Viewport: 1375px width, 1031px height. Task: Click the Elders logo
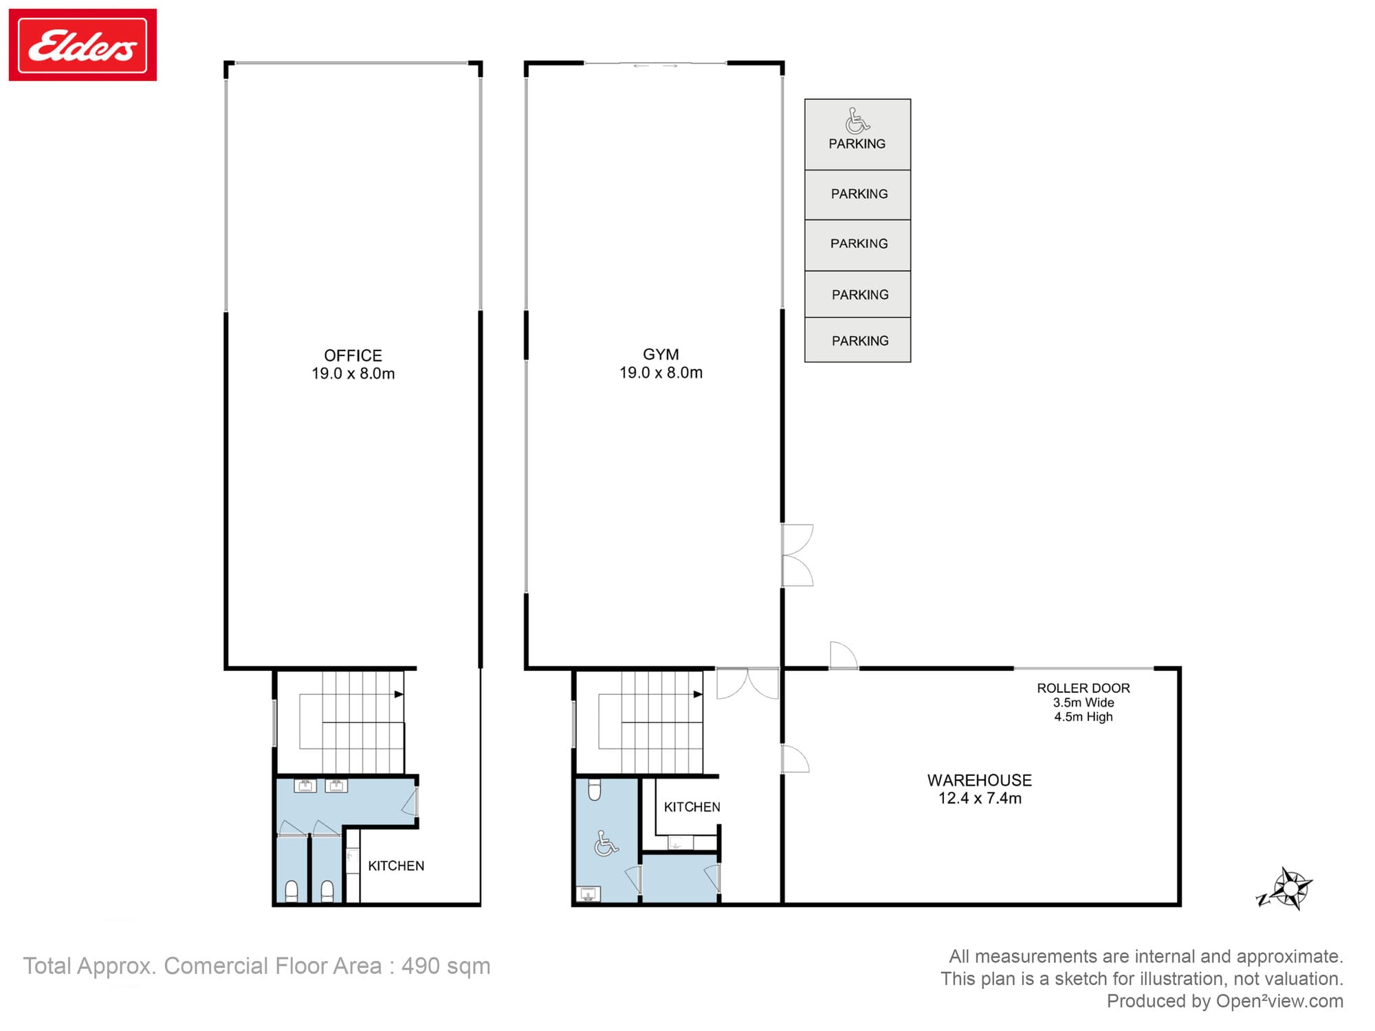(x=82, y=45)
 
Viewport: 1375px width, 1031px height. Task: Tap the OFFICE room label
(x=353, y=356)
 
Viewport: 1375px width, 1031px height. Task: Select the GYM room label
(x=661, y=355)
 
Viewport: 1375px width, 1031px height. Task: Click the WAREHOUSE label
(x=979, y=780)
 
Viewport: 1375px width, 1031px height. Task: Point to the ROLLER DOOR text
(x=1083, y=688)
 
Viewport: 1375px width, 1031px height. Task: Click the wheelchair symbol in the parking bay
(x=857, y=121)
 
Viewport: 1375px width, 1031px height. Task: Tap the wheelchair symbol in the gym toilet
(x=606, y=843)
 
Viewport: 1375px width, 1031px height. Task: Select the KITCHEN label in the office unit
(x=396, y=866)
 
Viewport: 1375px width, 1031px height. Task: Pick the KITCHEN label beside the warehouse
(x=692, y=807)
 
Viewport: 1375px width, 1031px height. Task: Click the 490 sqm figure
(x=445, y=966)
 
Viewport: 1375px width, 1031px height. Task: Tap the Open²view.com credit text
(x=1279, y=1001)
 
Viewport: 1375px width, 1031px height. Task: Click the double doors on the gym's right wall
(x=797, y=555)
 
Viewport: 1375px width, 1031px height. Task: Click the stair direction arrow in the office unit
(x=398, y=694)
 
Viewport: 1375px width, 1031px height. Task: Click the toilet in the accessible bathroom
(x=595, y=790)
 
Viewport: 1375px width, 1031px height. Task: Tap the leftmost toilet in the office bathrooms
(x=291, y=891)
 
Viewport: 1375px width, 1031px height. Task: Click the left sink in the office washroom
(x=305, y=786)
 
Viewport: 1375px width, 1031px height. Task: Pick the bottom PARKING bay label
(x=859, y=341)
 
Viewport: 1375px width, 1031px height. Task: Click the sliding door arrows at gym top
(x=655, y=66)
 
